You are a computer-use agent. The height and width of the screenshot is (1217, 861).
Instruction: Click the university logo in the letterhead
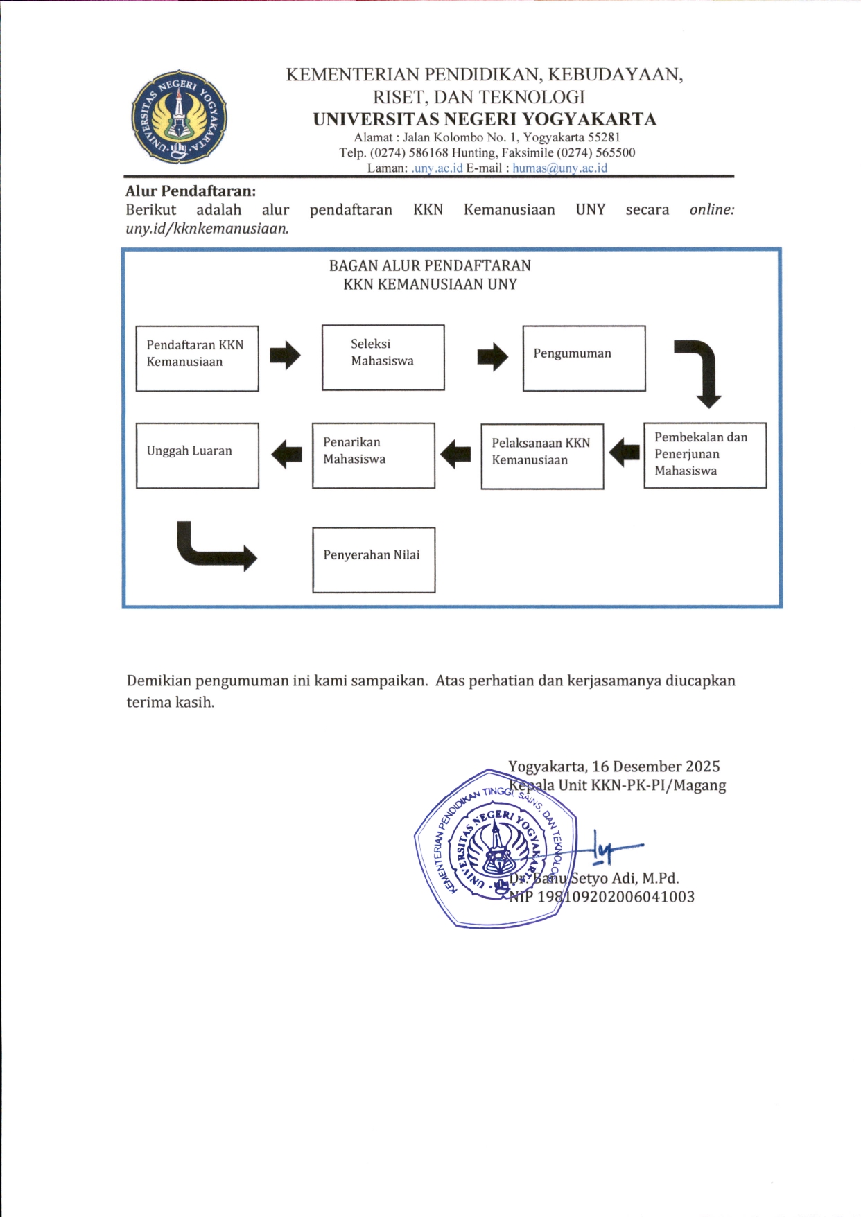(x=179, y=116)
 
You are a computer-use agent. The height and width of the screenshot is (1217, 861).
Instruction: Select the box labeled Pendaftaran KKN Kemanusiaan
(x=198, y=358)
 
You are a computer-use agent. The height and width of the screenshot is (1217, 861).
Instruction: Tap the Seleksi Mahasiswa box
(x=383, y=358)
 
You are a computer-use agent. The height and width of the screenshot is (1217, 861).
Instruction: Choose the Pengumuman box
(x=584, y=358)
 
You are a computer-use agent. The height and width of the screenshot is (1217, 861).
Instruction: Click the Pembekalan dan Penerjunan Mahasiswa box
(x=704, y=455)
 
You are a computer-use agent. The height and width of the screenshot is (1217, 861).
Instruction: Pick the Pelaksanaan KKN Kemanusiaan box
(x=542, y=456)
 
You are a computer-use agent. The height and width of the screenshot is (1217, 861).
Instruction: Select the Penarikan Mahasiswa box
(x=373, y=455)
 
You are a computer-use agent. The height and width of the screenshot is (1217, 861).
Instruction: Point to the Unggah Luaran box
(x=198, y=455)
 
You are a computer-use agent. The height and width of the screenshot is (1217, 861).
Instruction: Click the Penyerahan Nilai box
(x=374, y=560)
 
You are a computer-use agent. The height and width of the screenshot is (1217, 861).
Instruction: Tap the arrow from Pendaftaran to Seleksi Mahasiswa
(x=285, y=356)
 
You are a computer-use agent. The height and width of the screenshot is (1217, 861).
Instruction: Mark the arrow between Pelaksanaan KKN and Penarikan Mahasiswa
(x=455, y=455)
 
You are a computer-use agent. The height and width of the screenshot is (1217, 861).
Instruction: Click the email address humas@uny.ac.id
(x=559, y=168)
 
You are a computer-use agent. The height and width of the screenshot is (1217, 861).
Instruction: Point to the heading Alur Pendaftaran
(x=191, y=191)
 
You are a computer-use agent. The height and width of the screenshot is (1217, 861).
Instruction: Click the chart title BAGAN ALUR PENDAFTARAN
(x=430, y=265)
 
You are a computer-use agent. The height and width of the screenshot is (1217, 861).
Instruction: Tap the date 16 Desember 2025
(x=656, y=767)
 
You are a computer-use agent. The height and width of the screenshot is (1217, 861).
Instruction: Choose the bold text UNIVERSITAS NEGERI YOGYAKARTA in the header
(x=485, y=119)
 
